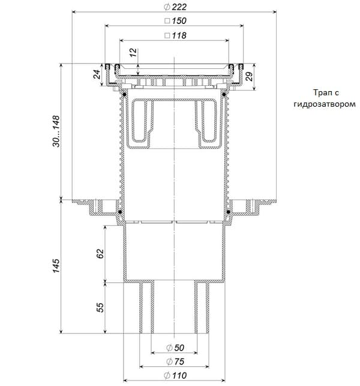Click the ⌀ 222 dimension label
[x=175, y=7]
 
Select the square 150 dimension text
[x=175, y=21]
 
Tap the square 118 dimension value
[x=175, y=36]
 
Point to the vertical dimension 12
[x=133, y=52]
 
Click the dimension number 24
[x=97, y=74]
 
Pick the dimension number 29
[x=250, y=76]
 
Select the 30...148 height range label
[x=56, y=131]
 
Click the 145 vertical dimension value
[x=56, y=266]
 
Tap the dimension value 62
[x=100, y=254]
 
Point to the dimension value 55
[x=100, y=307]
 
